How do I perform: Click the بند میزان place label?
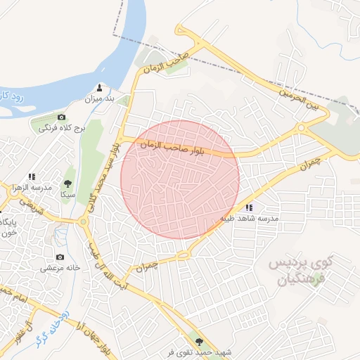pyautogui.click(x=98, y=99)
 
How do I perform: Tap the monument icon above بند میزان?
pyautogui.click(x=99, y=87)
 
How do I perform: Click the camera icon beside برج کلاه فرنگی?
pyautogui.click(x=61, y=117)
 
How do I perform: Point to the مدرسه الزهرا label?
pyautogui.click(x=32, y=188)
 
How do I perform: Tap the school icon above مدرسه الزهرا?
pyautogui.click(x=32, y=176)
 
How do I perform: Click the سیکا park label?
pyautogui.click(x=67, y=193)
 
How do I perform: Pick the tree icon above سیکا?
pyautogui.click(x=68, y=183)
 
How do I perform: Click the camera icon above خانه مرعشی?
pyautogui.click(x=59, y=257)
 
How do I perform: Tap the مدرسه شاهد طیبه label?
pyautogui.click(x=250, y=219)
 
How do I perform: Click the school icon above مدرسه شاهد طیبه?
pyautogui.click(x=249, y=207)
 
